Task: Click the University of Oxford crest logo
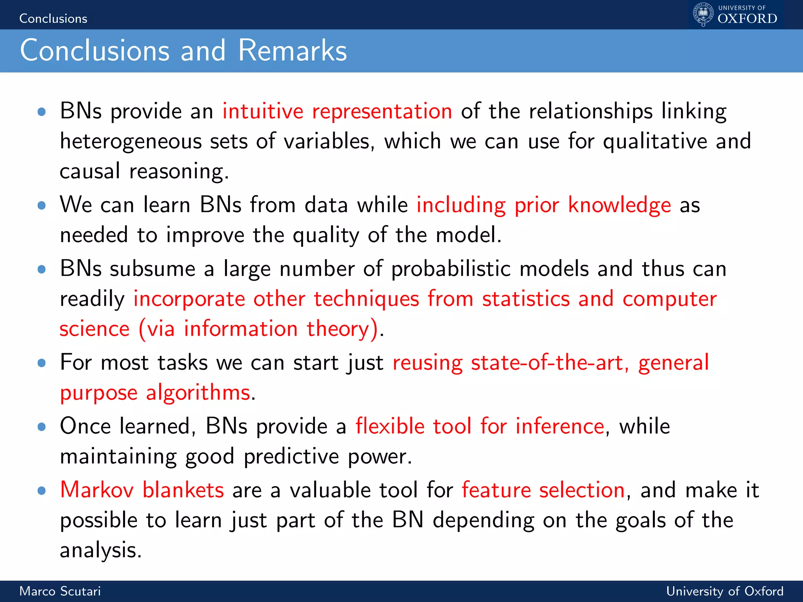pos(703,15)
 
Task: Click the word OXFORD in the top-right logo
pos(747,19)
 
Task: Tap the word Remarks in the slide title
pos(292,51)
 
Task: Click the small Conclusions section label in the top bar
pos(53,19)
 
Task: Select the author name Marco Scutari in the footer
pos(60,591)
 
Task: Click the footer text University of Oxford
pos(725,591)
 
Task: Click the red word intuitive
pos(263,111)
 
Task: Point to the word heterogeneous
pos(130,142)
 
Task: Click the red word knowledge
pos(620,205)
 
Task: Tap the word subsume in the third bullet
pos(153,269)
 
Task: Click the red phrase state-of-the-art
pos(547,363)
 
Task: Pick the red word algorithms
pos(198,393)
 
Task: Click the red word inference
pos(560,426)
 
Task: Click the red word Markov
pos(97,490)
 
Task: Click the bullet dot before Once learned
pos(42,427)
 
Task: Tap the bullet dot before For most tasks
pos(42,363)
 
